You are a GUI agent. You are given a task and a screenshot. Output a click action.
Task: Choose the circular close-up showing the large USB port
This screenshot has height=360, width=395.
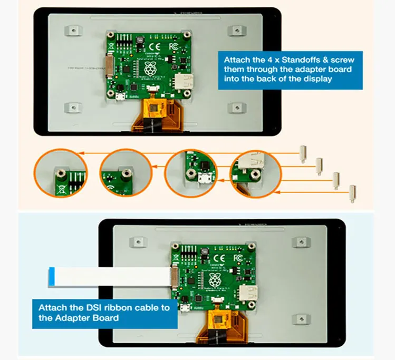click(255, 172)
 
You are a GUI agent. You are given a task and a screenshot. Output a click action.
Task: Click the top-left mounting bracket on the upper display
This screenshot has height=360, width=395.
click(71, 30)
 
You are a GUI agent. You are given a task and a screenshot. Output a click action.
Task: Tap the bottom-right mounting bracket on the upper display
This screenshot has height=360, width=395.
click(234, 108)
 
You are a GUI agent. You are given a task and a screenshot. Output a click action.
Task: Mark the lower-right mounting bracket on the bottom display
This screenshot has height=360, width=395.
click(301, 319)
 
